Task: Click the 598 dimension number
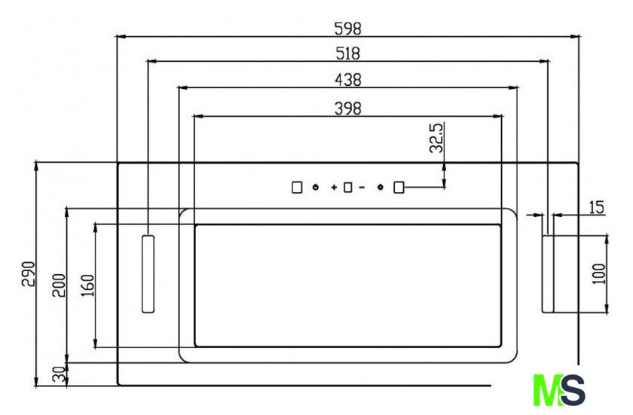347,29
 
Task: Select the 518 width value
347,53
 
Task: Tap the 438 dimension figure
348,80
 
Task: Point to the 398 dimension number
348,108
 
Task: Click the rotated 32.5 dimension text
436,138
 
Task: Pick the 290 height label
29,274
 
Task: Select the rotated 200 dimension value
59,285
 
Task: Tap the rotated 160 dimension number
87,285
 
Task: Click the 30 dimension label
59,374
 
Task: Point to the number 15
597,207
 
